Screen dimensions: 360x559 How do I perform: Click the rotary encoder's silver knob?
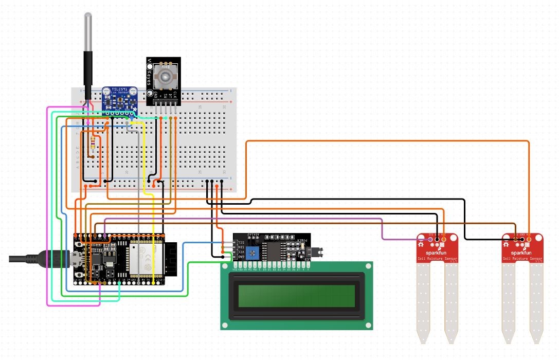[166, 78]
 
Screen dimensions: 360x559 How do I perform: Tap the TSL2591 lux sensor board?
[120, 99]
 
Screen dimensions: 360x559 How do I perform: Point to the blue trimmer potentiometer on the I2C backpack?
[253, 252]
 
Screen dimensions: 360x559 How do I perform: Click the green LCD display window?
[297, 295]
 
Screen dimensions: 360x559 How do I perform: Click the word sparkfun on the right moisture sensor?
[522, 253]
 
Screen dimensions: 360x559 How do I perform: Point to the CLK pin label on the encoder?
[175, 95]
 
